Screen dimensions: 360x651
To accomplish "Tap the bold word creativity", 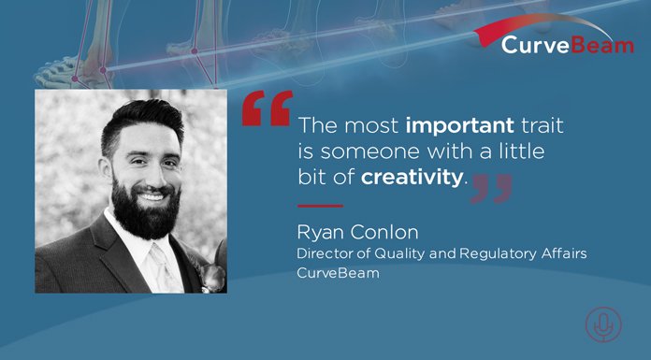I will click(412, 177).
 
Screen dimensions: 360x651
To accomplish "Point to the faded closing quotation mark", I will click(491, 187).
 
